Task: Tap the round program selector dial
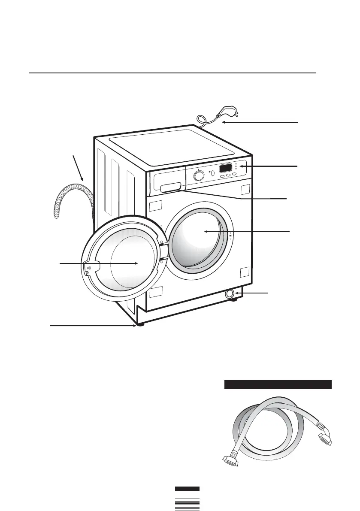pos(199,176)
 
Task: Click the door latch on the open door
pos(88,268)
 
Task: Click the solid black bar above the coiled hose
pos(278,384)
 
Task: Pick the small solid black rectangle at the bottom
pos(187,489)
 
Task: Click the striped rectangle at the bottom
pos(187,505)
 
